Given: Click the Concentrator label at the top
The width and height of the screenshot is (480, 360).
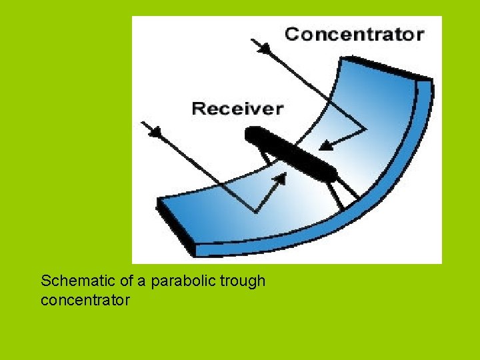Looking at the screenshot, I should [354, 34].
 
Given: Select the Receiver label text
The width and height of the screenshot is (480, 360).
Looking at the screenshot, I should [237, 108].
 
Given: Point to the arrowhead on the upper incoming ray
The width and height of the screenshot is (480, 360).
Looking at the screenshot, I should [265, 49].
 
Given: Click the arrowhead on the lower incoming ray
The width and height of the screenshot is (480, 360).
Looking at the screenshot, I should [155, 131].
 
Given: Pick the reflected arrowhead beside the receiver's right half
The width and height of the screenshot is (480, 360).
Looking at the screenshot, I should [325, 145].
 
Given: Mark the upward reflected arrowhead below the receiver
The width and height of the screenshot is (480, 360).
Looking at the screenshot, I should [281, 179].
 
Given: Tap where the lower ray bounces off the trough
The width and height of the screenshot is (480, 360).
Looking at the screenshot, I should [256, 212].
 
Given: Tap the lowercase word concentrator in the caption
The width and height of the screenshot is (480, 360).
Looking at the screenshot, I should [85, 301].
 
